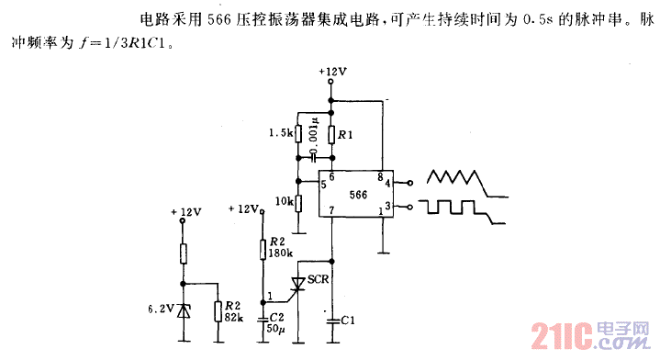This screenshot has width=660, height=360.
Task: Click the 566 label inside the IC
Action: pyautogui.click(x=358, y=195)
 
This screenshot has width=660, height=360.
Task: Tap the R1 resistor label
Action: pyautogui.click(x=345, y=135)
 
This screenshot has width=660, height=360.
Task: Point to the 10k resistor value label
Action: pyautogui.click(x=283, y=200)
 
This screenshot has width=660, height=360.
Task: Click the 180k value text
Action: pyautogui.click(x=281, y=252)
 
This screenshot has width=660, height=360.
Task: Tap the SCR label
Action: pyautogui.click(x=319, y=278)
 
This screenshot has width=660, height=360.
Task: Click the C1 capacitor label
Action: pyautogui.click(x=348, y=320)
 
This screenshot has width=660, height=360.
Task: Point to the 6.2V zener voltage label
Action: pyautogui.click(x=163, y=309)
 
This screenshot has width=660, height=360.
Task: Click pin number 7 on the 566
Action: pyautogui.click(x=331, y=212)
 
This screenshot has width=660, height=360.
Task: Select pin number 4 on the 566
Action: pyautogui.click(x=388, y=183)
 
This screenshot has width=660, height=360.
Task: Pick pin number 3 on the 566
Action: pyautogui.click(x=388, y=208)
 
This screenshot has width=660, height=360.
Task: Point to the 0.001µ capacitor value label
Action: pyautogui.click(x=314, y=135)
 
